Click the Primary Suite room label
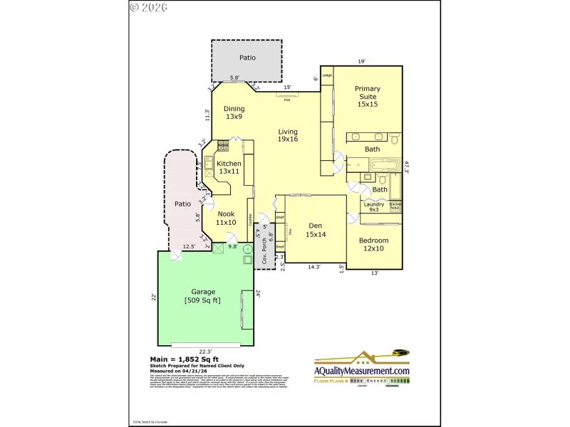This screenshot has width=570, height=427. (x=368, y=96)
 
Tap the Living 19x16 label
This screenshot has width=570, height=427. (x=288, y=135)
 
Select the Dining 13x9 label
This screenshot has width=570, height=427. (x=235, y=112)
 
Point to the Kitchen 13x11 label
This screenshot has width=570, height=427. (x=229, y=167)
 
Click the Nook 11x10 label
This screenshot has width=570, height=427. (x=226, y=218)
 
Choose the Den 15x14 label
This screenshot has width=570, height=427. (x=316, y=231)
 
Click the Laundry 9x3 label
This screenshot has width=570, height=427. (x=374, y=207)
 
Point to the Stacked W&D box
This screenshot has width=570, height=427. (x=395, y=206)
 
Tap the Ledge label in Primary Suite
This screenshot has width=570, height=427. (x=327, y=75)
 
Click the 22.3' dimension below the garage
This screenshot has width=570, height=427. (x=205, y=352)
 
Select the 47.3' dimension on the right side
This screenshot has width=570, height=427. (x=407, y=168)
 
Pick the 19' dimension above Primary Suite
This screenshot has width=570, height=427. (x=362, y=62)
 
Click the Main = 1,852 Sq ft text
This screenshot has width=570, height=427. (x=185, y=359)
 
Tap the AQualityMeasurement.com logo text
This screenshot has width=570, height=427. (x=363, y=371)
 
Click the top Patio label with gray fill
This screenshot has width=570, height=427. (x=247, y=58)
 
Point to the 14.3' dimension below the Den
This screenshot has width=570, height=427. (x=314, y=267)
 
